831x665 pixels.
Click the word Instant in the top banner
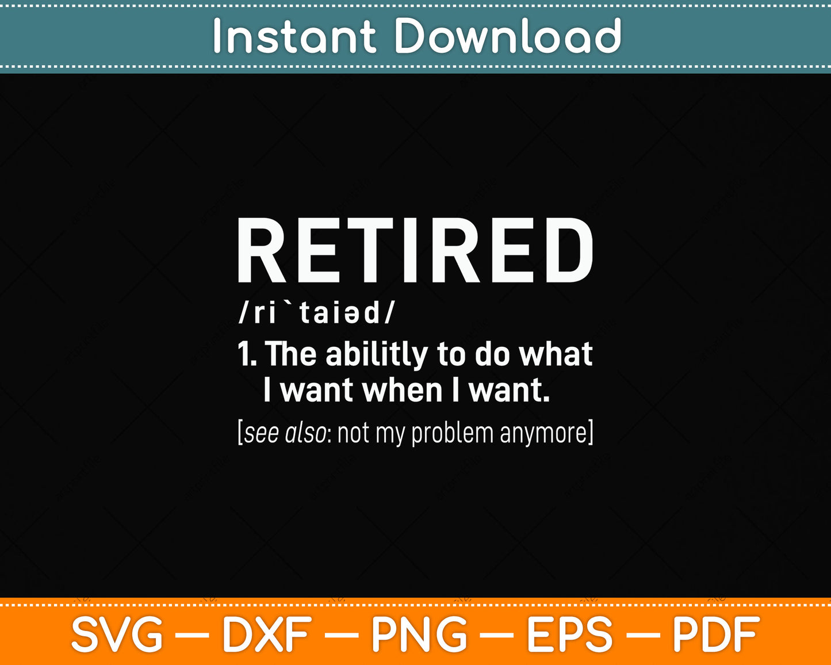(x=294, y=36)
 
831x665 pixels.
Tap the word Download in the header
(x=507, y=36)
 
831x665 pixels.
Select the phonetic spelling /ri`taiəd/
(x=317, y=312)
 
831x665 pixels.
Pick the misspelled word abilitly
(x=377, y=355)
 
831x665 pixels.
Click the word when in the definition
(x=403, y=390)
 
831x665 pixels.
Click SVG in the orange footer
(x=117, y=635)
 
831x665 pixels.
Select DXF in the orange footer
(x=267, y=635)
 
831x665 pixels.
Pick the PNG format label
(x=419, y=635)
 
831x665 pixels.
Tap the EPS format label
(x=569, y=635)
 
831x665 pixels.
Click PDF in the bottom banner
(x=716, y=635)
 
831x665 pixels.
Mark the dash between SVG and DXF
(x=192, y=635)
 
